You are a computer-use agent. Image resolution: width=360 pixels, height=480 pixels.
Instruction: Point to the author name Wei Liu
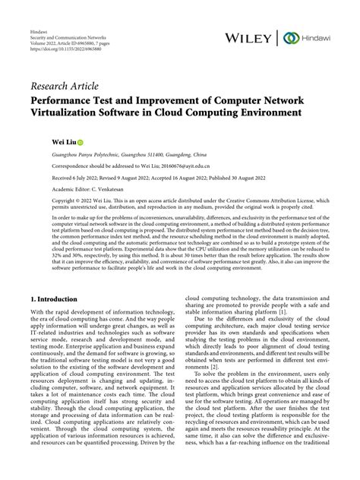[63, 141]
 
